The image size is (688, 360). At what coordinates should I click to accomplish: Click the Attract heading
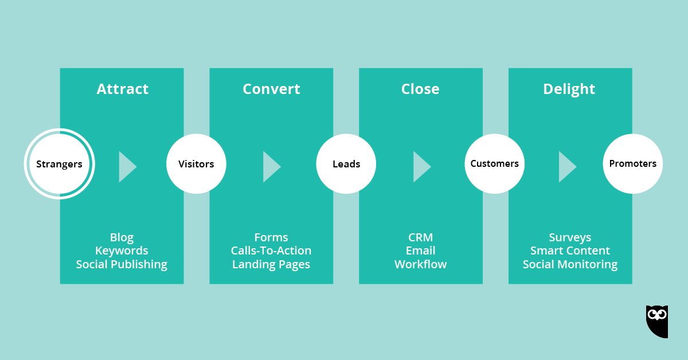(122, 89)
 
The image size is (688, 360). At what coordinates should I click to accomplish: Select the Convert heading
(271, 89)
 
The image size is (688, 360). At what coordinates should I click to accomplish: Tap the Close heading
(420, 89)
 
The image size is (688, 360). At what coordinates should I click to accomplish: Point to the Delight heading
(569, 89)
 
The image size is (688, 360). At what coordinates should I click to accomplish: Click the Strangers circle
(59, 164)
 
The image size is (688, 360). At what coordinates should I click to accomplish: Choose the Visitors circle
(196, 164)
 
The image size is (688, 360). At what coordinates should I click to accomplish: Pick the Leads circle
(346, 164)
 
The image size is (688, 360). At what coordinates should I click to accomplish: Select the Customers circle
(494, 164)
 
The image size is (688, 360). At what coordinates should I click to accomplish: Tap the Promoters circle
(633, 164)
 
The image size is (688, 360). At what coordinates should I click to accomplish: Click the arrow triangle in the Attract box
(126, 167)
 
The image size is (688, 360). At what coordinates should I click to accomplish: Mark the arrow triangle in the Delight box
(566, 167)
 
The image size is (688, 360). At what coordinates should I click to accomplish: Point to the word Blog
(122, 237)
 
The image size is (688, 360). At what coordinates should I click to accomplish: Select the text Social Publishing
(122, 264)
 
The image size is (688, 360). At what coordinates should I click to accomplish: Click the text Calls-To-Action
(271, 251)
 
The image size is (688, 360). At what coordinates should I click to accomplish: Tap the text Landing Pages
(271, 264)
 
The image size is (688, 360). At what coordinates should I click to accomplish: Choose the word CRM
(421, 237)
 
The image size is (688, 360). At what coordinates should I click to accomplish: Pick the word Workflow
(421, 264)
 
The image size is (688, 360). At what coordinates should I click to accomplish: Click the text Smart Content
(570, 251)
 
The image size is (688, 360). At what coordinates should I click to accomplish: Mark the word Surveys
(570, 237)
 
